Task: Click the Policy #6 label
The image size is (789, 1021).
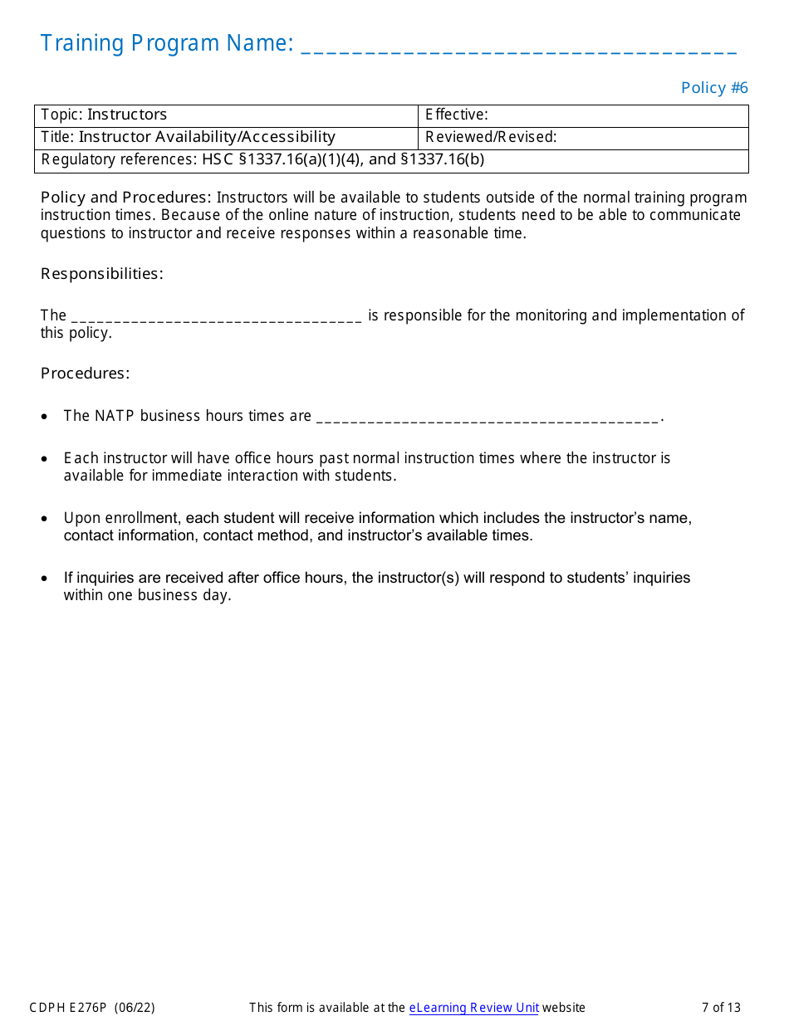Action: (714, 88)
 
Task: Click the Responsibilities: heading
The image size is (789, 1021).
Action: (102, 274)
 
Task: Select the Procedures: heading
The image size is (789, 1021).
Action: (86, 374)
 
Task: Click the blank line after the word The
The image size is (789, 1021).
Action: (217, 317)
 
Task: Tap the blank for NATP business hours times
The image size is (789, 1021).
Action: (488, 418)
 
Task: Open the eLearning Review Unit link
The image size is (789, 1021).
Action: (473, 1008)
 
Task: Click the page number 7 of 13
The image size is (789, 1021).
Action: (721, 1008)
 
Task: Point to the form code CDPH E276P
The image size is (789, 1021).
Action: (68, 1008)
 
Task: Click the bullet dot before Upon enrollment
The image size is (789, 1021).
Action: (45, 519)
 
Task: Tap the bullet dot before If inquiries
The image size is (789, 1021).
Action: (45, 579)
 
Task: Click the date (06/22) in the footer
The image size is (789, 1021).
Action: (135, 1008)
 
